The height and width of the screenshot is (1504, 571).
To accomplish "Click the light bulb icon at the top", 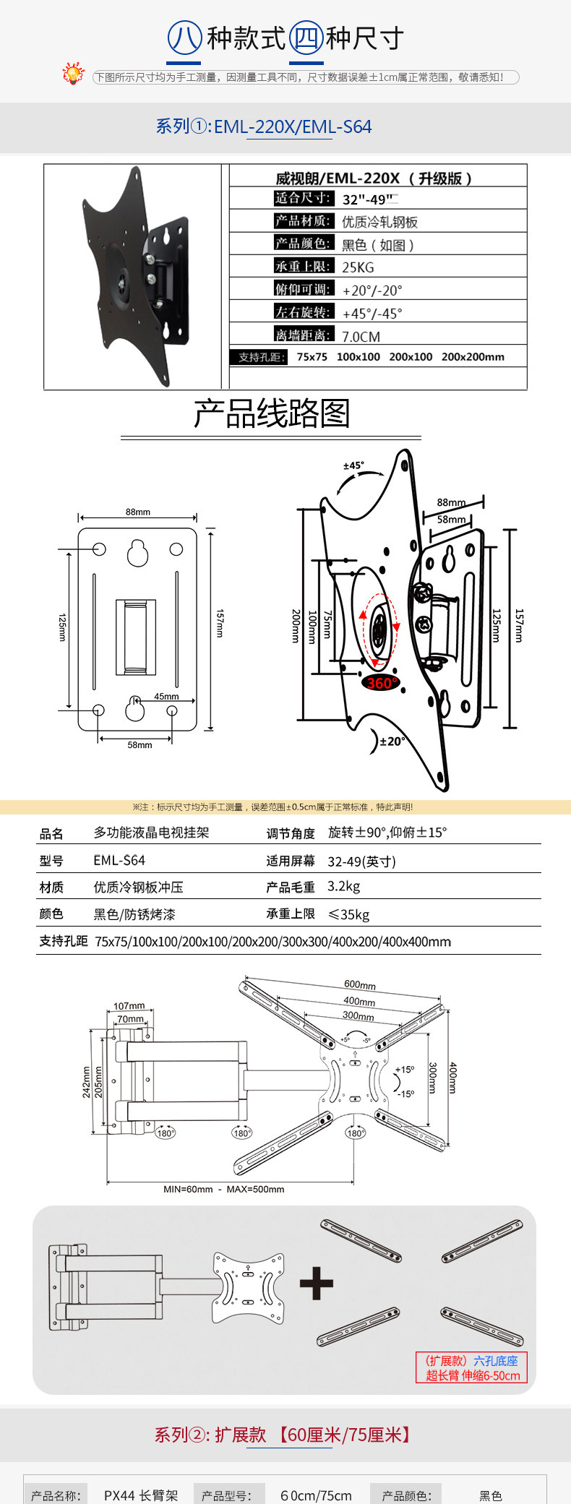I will point(73,74).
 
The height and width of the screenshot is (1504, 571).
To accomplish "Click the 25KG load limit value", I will point(358,267).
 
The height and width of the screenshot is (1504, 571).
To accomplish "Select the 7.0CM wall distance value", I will point(361,337).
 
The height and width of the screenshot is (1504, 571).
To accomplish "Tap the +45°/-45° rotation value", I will point(372,314).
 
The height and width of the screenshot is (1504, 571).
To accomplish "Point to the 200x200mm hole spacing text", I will point(473,357).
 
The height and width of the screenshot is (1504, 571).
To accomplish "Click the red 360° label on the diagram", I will point(380,683).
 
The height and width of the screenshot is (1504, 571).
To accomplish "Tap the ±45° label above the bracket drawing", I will point(353,465).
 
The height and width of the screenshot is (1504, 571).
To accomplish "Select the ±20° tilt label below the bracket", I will point(392,741).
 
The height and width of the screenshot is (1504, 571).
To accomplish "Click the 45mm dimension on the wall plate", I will point(166,697).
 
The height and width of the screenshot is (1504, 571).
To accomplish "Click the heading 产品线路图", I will point(271,413).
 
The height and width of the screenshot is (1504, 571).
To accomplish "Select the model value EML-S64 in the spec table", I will point(119,860).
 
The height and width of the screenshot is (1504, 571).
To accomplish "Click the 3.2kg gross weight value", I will point(343,887).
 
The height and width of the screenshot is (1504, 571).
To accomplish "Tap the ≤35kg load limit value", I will point(348,914).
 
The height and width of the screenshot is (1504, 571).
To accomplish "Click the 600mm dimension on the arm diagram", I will point(360,984).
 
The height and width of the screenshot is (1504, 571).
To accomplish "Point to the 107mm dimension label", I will point(129,1005).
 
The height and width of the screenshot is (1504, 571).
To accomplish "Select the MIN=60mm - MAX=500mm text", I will point(223,1189).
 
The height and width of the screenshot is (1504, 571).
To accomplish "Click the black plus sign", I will point(317,1284).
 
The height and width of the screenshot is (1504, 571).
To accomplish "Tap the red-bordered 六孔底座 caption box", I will point(472,1367).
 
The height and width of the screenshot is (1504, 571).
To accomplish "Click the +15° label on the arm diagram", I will point(405,1070).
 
